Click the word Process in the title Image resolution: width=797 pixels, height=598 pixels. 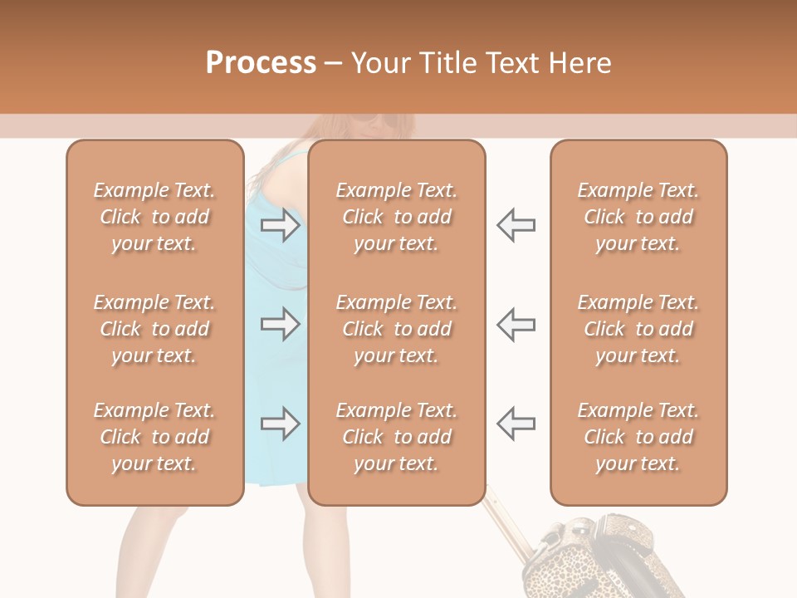(261, 63)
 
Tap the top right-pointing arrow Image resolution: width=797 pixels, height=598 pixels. (281, 224)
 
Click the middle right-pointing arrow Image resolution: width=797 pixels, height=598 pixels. (281, 324)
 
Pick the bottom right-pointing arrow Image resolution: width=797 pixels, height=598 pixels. (281, 424)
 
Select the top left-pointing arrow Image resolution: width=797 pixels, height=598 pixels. (516, 224)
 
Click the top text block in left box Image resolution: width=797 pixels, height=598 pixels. (154, 217)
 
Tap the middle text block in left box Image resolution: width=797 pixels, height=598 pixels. (154, 329)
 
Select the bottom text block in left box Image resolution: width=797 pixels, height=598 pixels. (154, 437)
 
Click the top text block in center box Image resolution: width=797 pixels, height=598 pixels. (396, 217)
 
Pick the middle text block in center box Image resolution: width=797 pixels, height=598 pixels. (396, 329)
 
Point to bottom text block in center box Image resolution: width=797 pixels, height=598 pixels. (396, 437)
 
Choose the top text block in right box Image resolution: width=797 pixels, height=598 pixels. (638, 217)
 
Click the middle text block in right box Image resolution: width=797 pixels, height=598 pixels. (638, 329)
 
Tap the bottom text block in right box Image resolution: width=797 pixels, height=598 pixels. (638, 437)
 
